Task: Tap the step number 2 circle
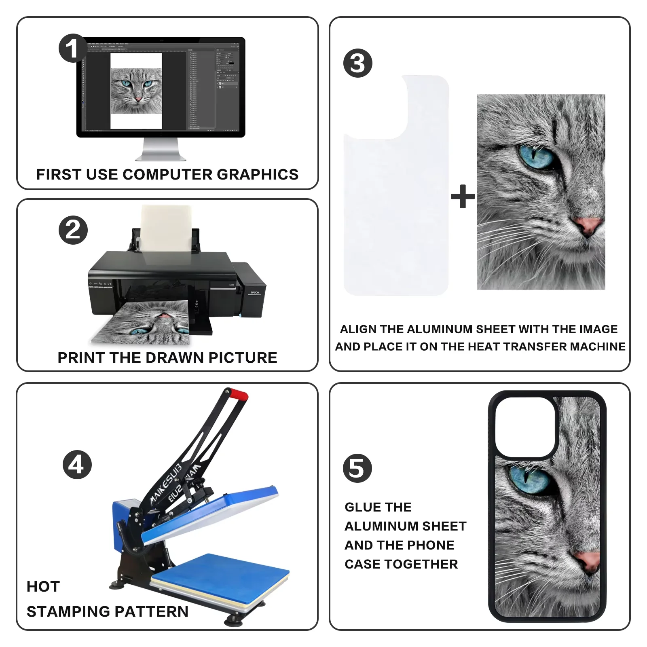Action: (x=73, y=230)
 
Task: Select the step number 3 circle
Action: (x=357, y=63)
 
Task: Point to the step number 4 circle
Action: (x=77, y=464)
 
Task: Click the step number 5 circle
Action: (x=357, y=468)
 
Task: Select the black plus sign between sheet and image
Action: (x=463, y=196)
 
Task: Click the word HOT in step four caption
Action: (x=43, y=586)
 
